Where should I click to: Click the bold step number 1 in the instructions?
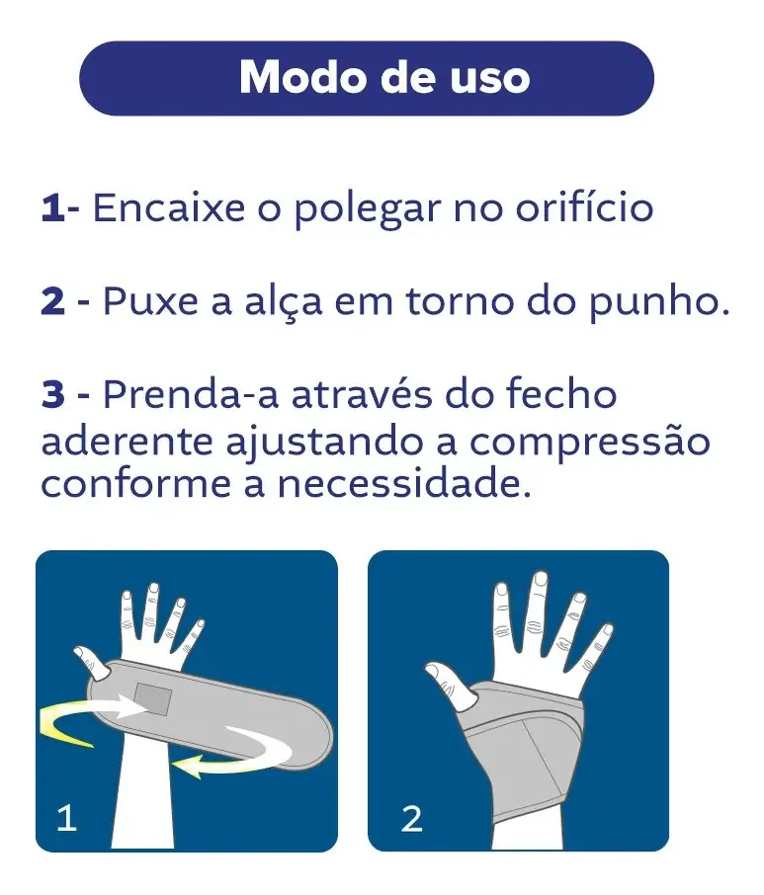(x=51, y=207)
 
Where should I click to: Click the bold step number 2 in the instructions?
(x=53, y=301)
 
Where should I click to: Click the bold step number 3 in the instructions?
(x=53, y=395)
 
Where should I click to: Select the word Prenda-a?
(x=191, y=394)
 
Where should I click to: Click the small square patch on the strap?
(x=153, y=699)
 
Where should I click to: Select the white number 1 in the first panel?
(x=66, y=817)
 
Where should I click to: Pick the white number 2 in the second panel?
(x=411, y=819)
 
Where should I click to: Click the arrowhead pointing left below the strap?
(x=189, y=765)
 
